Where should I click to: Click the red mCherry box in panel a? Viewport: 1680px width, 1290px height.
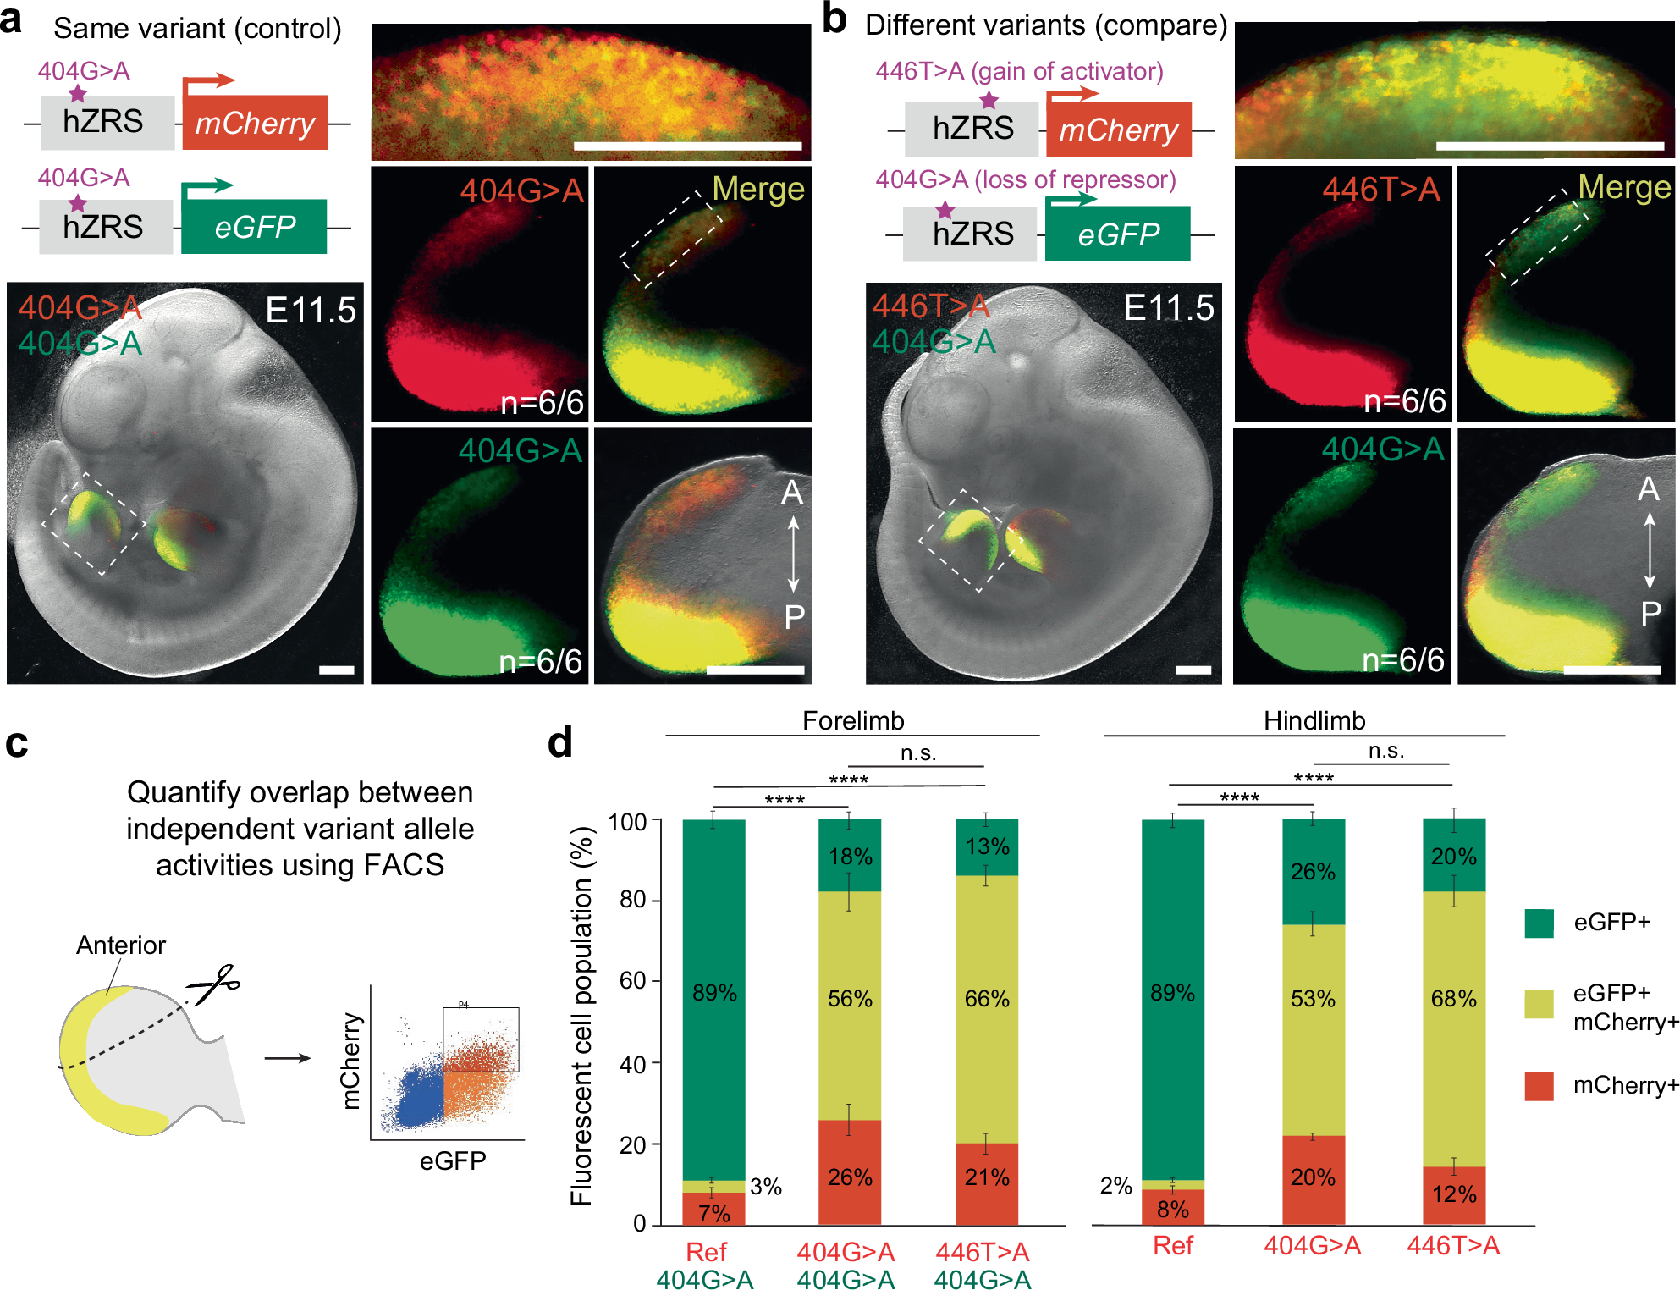[255, 123]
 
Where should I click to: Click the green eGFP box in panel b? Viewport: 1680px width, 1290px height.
[1117, 234]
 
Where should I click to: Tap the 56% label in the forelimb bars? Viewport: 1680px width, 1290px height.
[850, 999]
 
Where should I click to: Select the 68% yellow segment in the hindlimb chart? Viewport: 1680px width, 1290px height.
[1453, 999]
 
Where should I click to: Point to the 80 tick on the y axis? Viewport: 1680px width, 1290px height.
[632, 899]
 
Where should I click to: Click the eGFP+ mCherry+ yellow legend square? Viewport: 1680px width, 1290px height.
[1539, 1004]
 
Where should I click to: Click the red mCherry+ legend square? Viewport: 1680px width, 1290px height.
[1539, 1086]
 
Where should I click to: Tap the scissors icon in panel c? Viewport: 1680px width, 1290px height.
[215, 984]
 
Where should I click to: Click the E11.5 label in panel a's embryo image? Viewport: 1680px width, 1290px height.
[311, 311]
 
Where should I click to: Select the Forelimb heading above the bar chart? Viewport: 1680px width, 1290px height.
[852, 720]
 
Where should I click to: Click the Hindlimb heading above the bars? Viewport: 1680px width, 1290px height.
[1314, 720]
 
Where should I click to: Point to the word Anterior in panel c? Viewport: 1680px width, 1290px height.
[121, 945]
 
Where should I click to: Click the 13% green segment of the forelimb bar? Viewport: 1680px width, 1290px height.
[987, 846]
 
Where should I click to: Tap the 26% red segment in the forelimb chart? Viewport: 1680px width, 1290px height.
[850, 1177]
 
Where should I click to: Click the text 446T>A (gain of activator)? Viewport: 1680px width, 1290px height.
[1019, 71]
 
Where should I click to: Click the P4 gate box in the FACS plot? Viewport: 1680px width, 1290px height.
[481, 1039]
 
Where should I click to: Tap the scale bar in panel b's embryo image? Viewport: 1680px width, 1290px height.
[1193, 670]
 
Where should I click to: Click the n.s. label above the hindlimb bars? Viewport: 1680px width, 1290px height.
[1385, 751]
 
